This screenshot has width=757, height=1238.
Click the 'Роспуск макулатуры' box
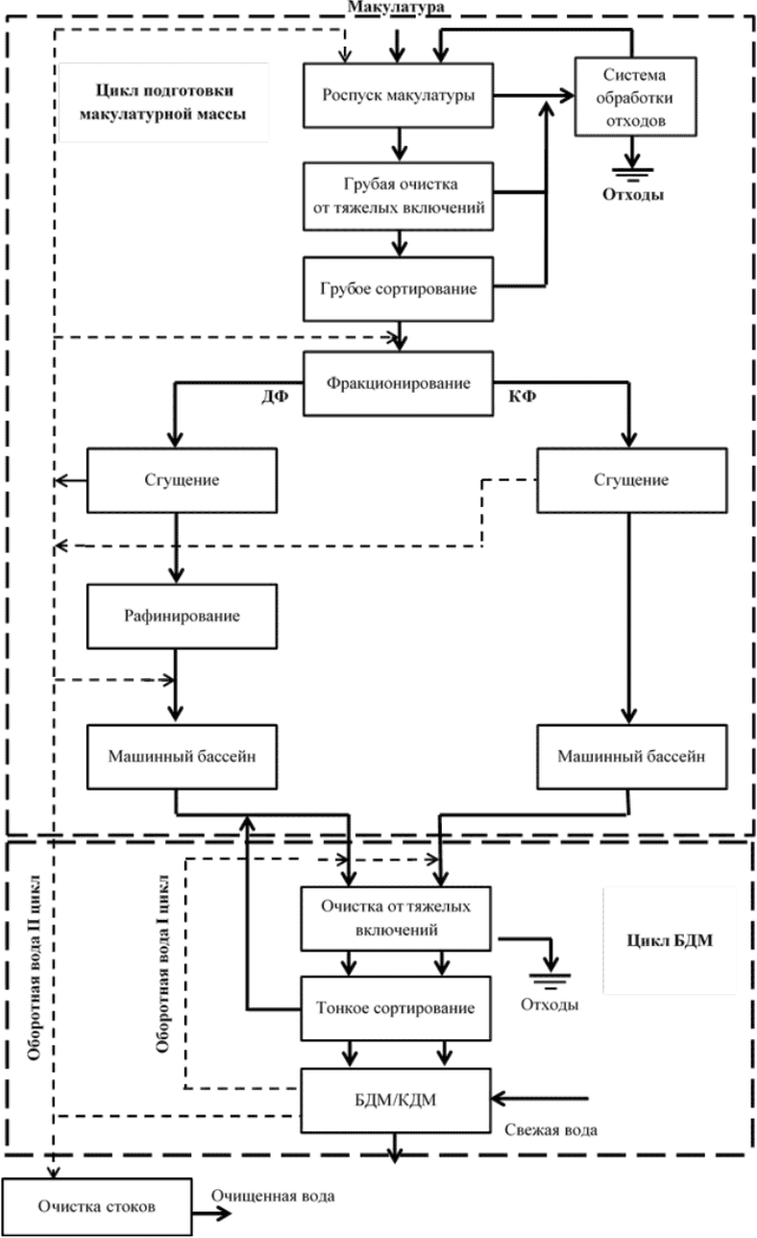(400, 95)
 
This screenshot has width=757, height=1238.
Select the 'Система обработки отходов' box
(631, 95)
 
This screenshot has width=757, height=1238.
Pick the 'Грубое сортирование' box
(400, 288)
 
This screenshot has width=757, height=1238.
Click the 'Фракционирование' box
(400, 383)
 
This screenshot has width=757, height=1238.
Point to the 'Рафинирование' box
(175, 614)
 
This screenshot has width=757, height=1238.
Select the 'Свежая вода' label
(550, 1130)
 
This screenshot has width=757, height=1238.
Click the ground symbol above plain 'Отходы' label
(550, 978)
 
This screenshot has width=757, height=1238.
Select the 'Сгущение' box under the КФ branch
(629, 479)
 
